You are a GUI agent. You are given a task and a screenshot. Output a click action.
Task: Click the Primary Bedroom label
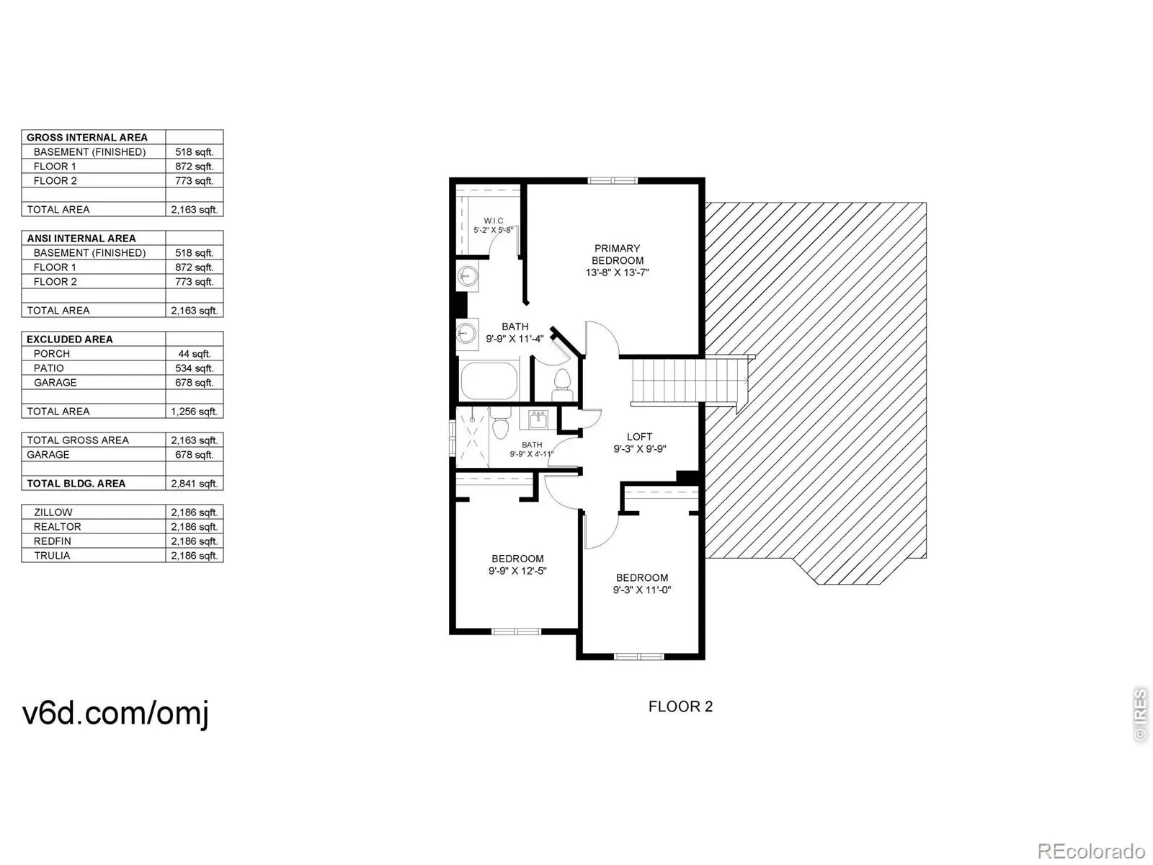(x=618, y=254)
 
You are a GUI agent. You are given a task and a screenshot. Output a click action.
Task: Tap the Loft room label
(x=639, y=437)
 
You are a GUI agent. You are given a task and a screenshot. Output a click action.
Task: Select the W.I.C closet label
(x=494, y=221)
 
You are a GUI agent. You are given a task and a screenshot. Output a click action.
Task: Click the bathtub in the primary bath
(x=489, y=381)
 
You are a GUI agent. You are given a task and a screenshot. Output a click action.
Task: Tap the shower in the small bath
(x=472, y=432)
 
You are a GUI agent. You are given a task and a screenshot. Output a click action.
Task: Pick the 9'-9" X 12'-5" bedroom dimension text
(x=517, y=571)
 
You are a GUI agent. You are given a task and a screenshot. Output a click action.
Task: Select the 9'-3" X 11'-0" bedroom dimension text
(x=642, y=590)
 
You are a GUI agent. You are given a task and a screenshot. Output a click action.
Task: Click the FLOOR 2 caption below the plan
(x=680, y=706)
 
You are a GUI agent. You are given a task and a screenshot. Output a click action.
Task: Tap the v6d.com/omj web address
(x=116, y=713)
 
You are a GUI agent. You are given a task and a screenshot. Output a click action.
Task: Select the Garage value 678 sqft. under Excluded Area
(x=195, y=383)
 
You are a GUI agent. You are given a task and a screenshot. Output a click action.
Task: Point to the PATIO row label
(x=48, y=368)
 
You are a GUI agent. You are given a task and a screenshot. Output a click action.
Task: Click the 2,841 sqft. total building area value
(x=195, y=484)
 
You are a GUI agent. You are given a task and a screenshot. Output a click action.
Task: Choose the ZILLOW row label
(x=53, y=513)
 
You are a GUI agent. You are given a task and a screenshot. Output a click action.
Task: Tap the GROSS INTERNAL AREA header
(x=87, y=137)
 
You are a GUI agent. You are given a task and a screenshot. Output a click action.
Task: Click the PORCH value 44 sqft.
(x=195, y=354)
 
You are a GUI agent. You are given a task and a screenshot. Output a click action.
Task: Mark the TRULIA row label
(x=52, y=556)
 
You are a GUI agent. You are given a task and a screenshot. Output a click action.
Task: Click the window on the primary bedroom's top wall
(x=613, y=180)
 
